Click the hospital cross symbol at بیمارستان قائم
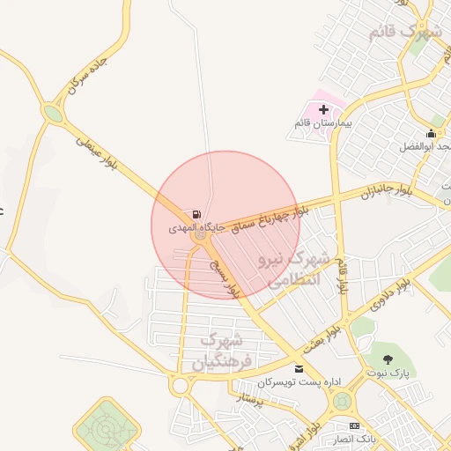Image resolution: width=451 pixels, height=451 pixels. tap(323, 110)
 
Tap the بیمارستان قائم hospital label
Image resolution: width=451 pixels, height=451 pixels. tap(323, 125)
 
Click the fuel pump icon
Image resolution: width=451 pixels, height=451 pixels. tap(195, 214)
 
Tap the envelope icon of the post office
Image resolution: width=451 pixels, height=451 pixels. tap(299, 368)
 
